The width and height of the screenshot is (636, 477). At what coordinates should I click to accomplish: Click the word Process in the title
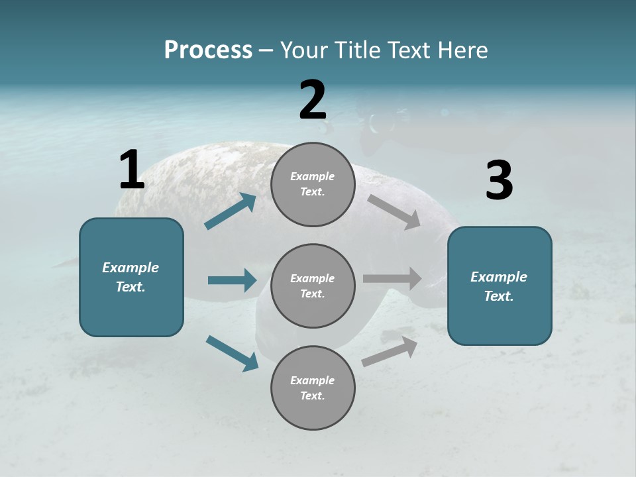coord(208,50)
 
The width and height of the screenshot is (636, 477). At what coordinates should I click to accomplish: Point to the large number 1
coord(131,170)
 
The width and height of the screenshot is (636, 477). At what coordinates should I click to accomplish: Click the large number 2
coord(313,99)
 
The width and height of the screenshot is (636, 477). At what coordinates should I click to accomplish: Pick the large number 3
coord(499,181)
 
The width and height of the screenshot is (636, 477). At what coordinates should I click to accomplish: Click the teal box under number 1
coord(131,277)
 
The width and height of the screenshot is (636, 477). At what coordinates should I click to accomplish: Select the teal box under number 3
coord(500,286)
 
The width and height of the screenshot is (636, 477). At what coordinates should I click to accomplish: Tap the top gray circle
coord(313,184)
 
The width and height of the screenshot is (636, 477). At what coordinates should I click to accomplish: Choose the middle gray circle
coord(313,286)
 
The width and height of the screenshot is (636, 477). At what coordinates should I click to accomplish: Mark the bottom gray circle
coord(313,388)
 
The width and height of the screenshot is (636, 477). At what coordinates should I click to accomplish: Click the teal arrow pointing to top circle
coord(231,211)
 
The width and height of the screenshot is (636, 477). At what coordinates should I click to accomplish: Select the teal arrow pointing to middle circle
coord(232,280)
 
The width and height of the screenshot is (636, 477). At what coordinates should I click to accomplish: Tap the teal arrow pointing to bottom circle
coord(232,353)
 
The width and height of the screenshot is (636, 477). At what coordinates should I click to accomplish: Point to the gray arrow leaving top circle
coord(394,212)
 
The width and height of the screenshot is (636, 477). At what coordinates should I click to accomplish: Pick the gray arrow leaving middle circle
coord(392,278)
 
